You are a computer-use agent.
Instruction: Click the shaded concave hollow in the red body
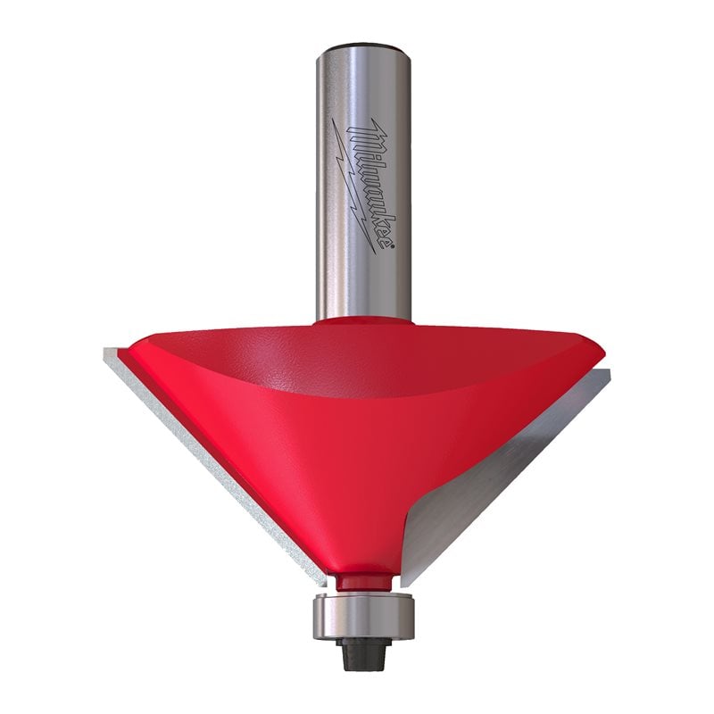coord(357,366)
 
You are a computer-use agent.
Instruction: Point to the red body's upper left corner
coord(134,344)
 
